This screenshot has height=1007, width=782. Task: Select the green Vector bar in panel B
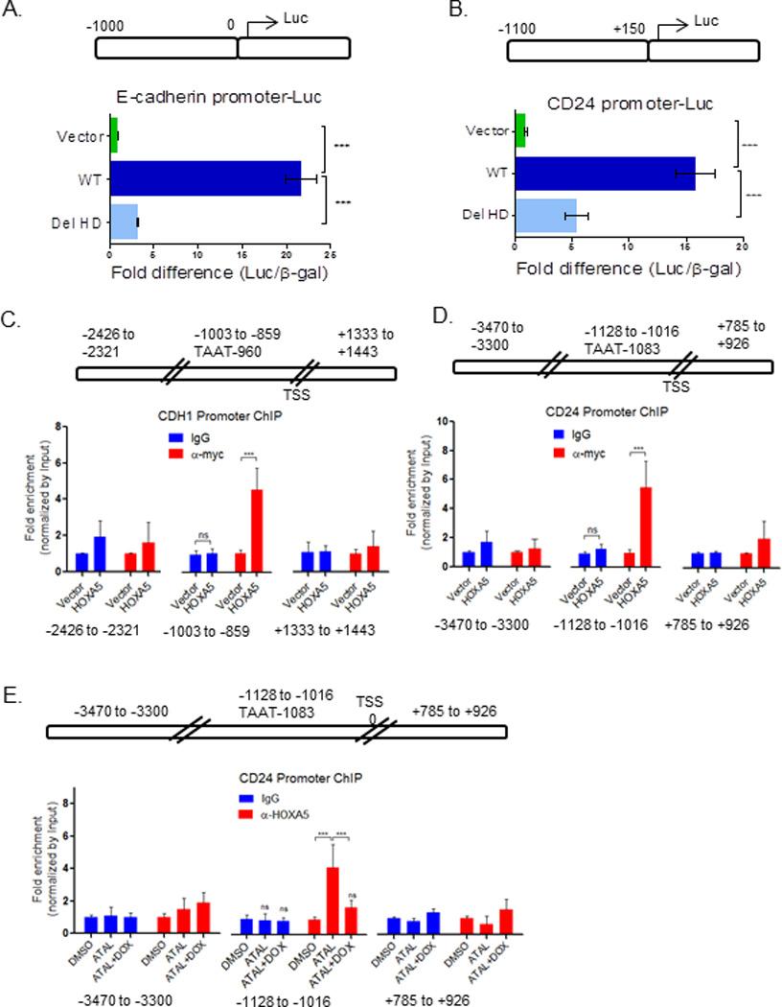(520, 130)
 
